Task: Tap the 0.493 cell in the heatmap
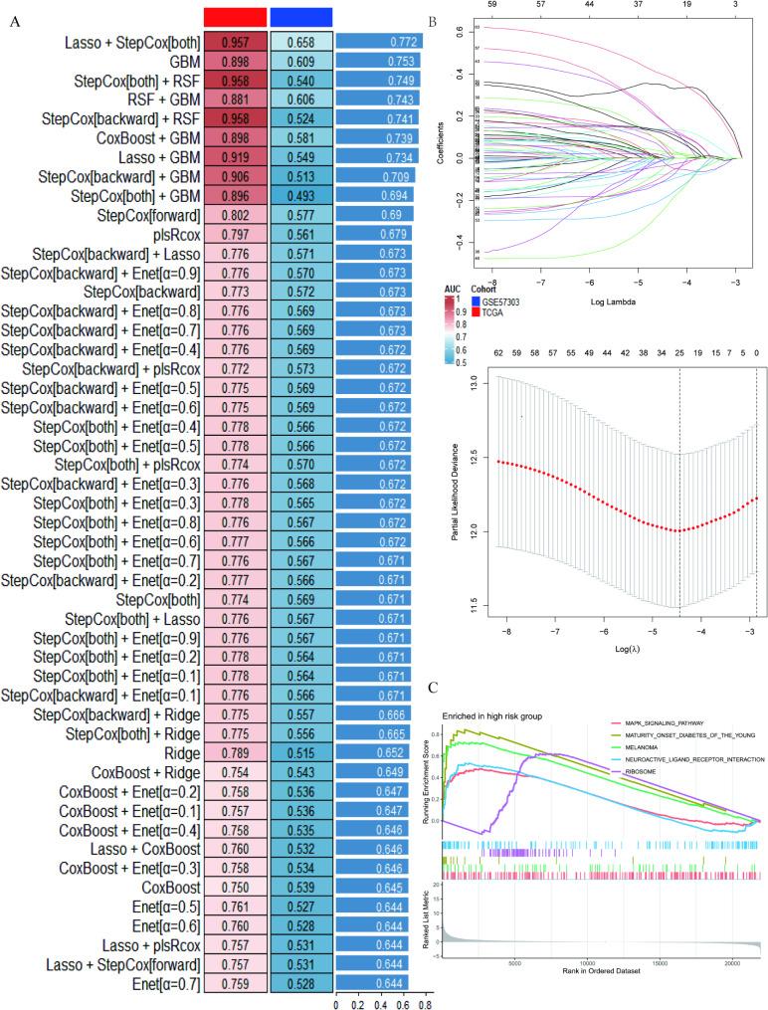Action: (x=300, y=196)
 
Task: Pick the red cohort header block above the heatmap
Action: (x=235, y=17)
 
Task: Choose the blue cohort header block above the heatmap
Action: (x=300, y=17)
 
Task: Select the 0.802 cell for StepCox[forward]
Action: (x=235, y=215)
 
